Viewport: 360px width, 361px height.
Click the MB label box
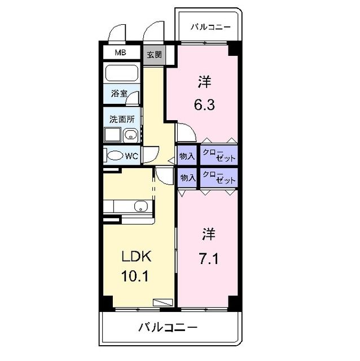coord(120,53)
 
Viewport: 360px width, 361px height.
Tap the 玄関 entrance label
coord(154,55)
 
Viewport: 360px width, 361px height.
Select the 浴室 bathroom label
coord(118,93)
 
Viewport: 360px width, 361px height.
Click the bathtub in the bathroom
coord(122,73)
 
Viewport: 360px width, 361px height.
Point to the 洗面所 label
coord(121,119)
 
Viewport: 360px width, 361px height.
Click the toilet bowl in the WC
coord(115,156)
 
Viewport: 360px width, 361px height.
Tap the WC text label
coord(131,156)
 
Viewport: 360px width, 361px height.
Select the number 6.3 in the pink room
coord(204,104)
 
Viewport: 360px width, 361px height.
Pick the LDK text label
coord(137,257)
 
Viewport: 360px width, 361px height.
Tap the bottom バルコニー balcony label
coord(168,327)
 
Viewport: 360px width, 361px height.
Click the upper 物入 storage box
coord(187,156)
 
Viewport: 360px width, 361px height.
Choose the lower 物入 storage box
coord(187,177)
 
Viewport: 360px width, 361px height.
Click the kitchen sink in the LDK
coord(140,206)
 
